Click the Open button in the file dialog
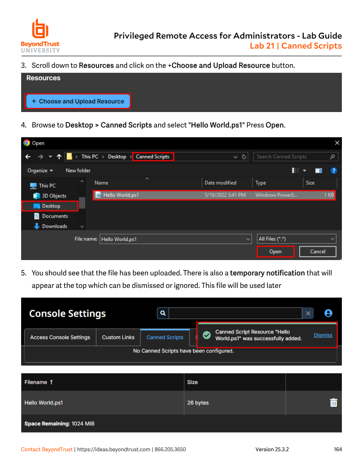[275, 252]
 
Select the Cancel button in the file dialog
[318, 252]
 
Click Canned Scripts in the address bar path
[152, 157]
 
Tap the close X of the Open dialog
[337, 143]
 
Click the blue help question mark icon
[334, 171]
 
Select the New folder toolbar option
[78, 170]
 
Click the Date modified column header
[220, 183]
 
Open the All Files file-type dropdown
[296, 239]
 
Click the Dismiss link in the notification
[323, 335]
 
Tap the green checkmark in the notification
[207, 335]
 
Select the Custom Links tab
[118, 337]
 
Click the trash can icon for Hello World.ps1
[333, 402]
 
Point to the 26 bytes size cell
[198, 403]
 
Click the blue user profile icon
[328, 313]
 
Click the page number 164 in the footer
[337, 450]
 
